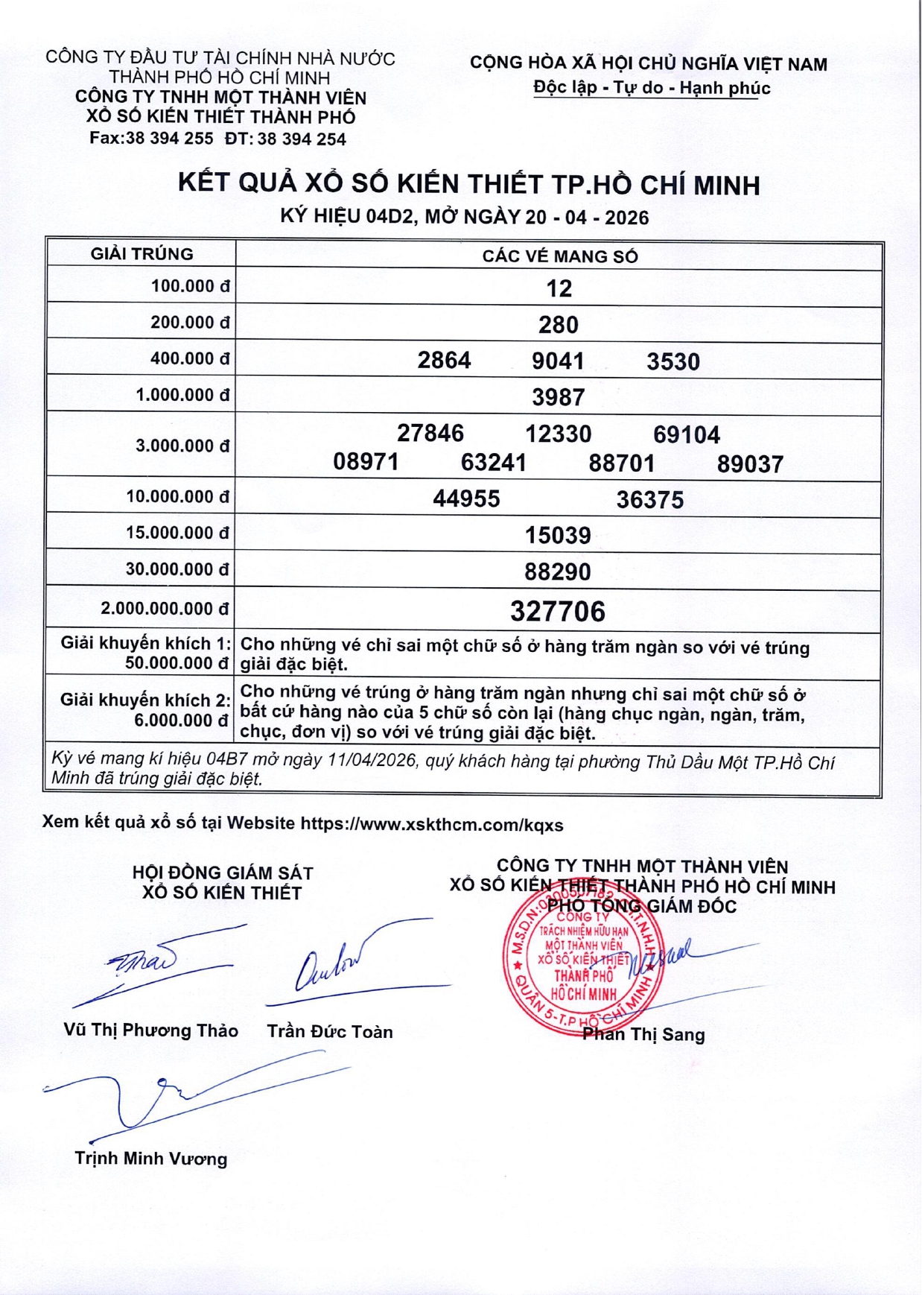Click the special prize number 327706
pos(557,612)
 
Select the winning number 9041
pos(558,361)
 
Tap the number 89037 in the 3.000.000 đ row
pos(750,464)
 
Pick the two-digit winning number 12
pos(559,288)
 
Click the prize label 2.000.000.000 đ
pos(165,609)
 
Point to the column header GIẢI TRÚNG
pos(142,254)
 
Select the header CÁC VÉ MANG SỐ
pos(559,256)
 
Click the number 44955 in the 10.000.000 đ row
pos(466,498)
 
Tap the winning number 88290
pos(557,572)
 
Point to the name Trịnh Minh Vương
pos(150,1159)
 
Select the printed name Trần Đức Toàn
pos(329,1032)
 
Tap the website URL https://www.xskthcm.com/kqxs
pos(431,825)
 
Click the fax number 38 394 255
pos(169,139)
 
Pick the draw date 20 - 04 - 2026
pos(586,218)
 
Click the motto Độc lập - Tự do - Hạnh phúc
pos(651,88)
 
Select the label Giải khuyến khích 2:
pos(145,700)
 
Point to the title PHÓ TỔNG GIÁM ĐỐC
pos(641,907)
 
